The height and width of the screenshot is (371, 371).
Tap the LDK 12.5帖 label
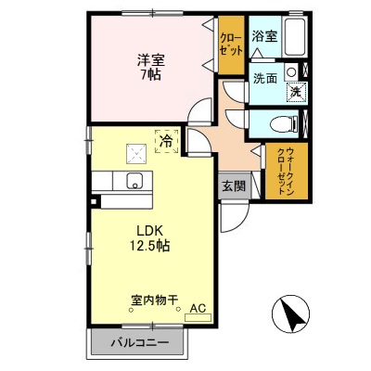(x=147, y=238)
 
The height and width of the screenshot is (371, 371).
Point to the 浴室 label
(x=264, y=37)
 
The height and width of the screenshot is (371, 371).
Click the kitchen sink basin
(x=133, y=180)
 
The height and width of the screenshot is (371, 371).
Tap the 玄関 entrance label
(x=233, y=185)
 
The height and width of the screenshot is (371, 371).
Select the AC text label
(x=198, y=308)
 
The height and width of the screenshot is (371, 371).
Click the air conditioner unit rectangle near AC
(x=198, y=318)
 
